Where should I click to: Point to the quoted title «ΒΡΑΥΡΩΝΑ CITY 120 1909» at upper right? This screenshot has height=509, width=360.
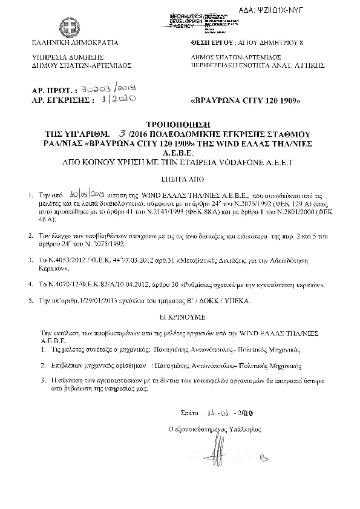pyautogui.click(x=245, y=99)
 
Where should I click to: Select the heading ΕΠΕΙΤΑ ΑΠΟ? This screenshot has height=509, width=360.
pyautogui.click(x=180, y=180)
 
